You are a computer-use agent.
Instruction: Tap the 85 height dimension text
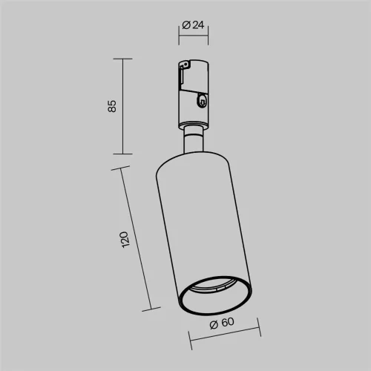[x=112, y=106]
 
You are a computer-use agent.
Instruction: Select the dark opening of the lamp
[x=216, y=298]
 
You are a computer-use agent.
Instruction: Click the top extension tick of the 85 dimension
[x=122, y=59]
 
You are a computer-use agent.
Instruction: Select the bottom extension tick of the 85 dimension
[x=122, y=154]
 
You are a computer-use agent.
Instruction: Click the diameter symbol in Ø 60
[x=213, y=323]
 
